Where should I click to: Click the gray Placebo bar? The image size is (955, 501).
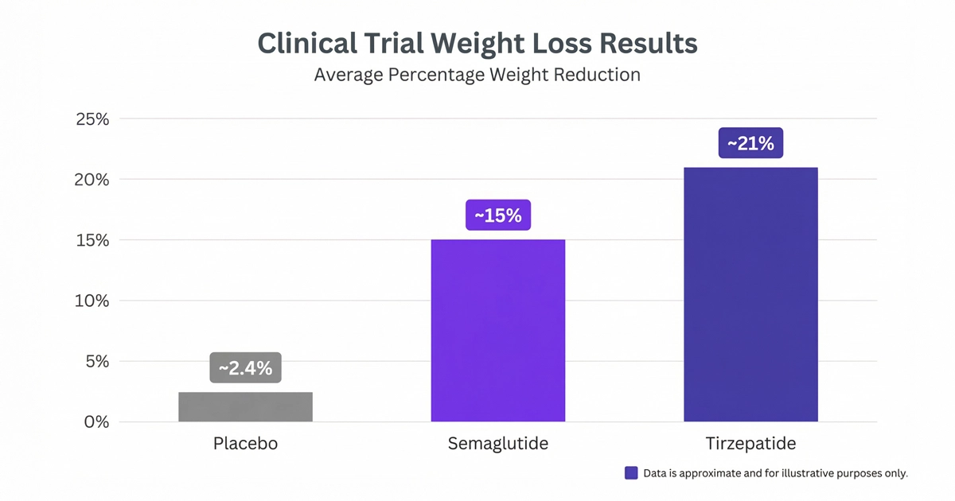coord(245,406)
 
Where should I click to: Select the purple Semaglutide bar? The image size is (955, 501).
coord(497,330)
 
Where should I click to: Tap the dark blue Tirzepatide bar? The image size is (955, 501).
coord(750,294)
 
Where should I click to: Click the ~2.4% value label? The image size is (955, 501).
coord(245,368)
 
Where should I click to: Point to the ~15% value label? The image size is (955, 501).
coord(497,216)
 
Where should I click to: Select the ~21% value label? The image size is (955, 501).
coord(750,143)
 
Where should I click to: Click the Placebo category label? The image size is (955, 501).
coord(245,444)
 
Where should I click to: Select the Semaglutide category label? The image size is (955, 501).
coord(497,444)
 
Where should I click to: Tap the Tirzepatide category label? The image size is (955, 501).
coord(750,444)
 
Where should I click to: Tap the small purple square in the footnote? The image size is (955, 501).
coord(631,472)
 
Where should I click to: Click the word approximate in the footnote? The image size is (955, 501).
coord(704,473)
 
